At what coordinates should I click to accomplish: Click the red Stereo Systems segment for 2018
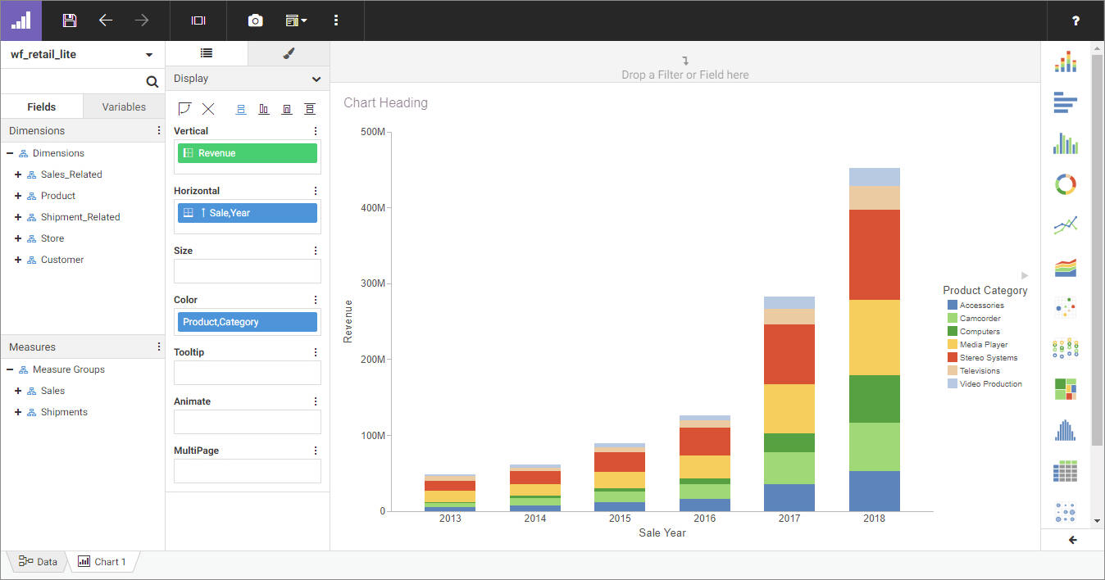point(874,255)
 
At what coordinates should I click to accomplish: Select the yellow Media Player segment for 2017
point(789,408)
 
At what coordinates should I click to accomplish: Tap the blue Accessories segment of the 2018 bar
point(874,491)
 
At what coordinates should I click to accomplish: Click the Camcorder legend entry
point(980,319)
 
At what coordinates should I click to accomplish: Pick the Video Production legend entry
point(990,384)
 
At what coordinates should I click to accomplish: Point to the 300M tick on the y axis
point(373,283)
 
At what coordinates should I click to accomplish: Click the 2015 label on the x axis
point(620,519)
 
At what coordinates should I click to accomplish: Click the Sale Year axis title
point(662,533)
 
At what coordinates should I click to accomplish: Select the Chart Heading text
point(385,103)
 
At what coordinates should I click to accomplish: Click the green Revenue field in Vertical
point(247,153)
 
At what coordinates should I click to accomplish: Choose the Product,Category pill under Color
point(247,322)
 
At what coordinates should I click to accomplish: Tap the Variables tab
point(124,106)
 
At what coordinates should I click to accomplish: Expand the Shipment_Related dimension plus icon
point(18,217)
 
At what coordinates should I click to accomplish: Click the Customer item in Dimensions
point(62,260)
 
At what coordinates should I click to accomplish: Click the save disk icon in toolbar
point(70,20)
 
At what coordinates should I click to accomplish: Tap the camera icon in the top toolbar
point(256,20)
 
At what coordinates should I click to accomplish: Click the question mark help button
point(1075,20)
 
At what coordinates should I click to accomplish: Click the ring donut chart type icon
point(1065,184)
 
